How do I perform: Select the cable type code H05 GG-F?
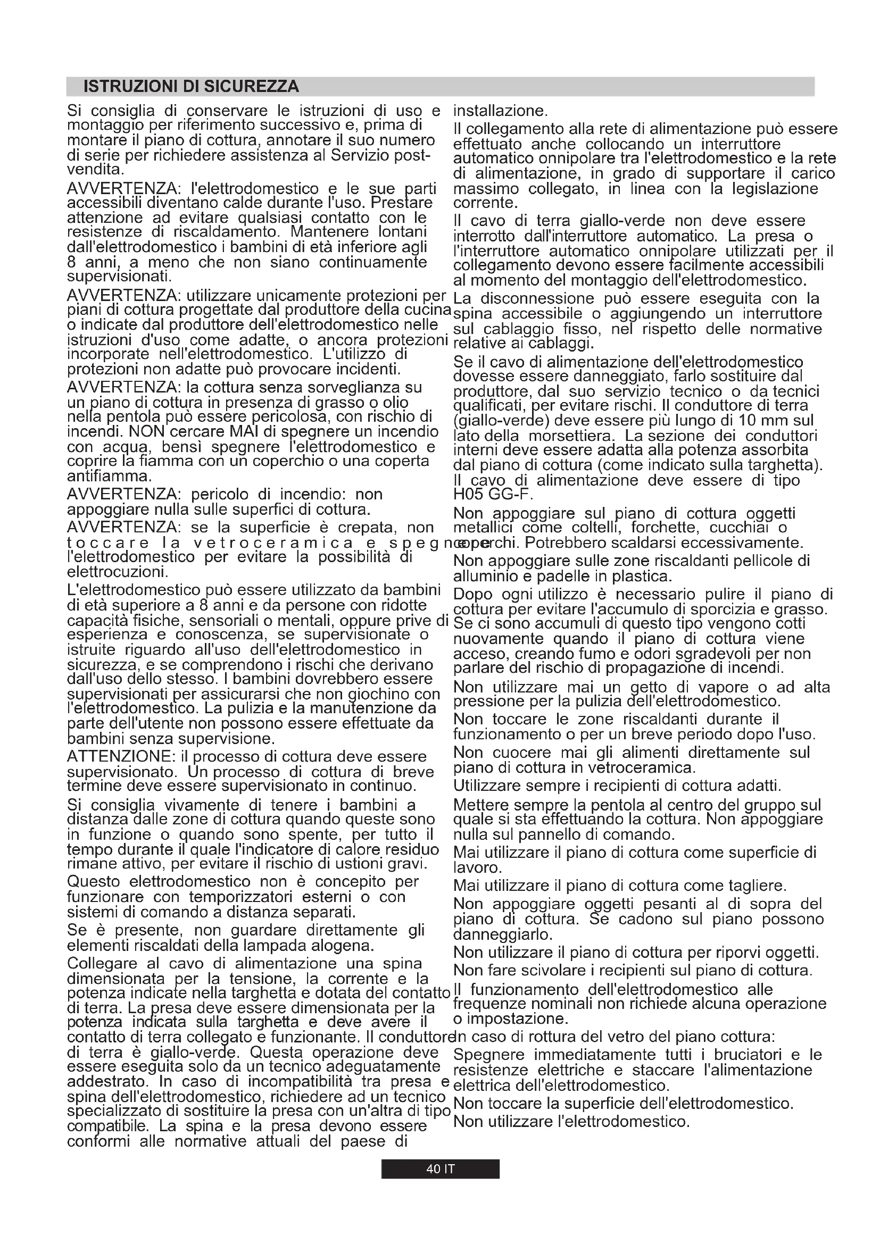pos(493,495)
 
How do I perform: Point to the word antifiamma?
pos(109,477)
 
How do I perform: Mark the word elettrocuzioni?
pos(117,572)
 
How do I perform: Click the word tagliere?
pos(757,886)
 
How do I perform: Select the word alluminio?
pos(485,576)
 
